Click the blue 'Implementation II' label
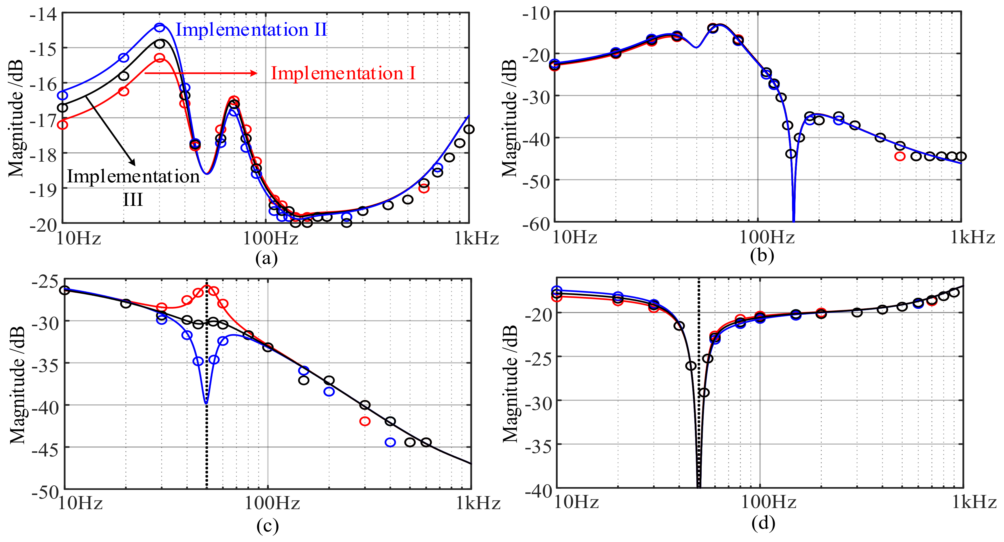coord(251,30)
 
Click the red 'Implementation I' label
coord(343,73)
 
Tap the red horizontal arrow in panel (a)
coord(201,73)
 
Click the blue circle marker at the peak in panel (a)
coord(159,27)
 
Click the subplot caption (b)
coord(762,255)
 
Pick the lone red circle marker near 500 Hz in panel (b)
coord(900,156)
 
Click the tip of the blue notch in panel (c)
coord(206,403)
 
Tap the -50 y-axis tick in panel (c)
coord(45,492)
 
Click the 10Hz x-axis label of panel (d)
coord(576,503)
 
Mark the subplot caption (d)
coord(763,523)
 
